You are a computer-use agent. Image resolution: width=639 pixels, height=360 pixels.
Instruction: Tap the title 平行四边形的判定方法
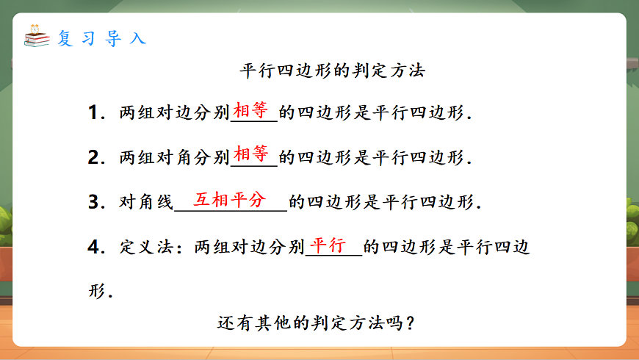[333, 71]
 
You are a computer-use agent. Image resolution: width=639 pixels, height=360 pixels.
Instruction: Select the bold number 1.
[93, 113]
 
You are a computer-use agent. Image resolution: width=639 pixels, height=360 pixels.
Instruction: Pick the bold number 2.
[93, 157]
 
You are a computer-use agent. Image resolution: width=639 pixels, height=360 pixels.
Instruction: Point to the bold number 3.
[93, 202]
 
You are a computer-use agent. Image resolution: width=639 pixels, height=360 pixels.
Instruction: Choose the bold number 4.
[93, 247]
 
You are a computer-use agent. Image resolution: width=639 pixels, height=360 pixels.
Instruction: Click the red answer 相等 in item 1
[251, 111]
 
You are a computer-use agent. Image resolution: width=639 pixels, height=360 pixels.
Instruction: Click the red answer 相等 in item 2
[251, 154]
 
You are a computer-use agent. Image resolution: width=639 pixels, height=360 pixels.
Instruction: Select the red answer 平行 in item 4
[328, 245]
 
